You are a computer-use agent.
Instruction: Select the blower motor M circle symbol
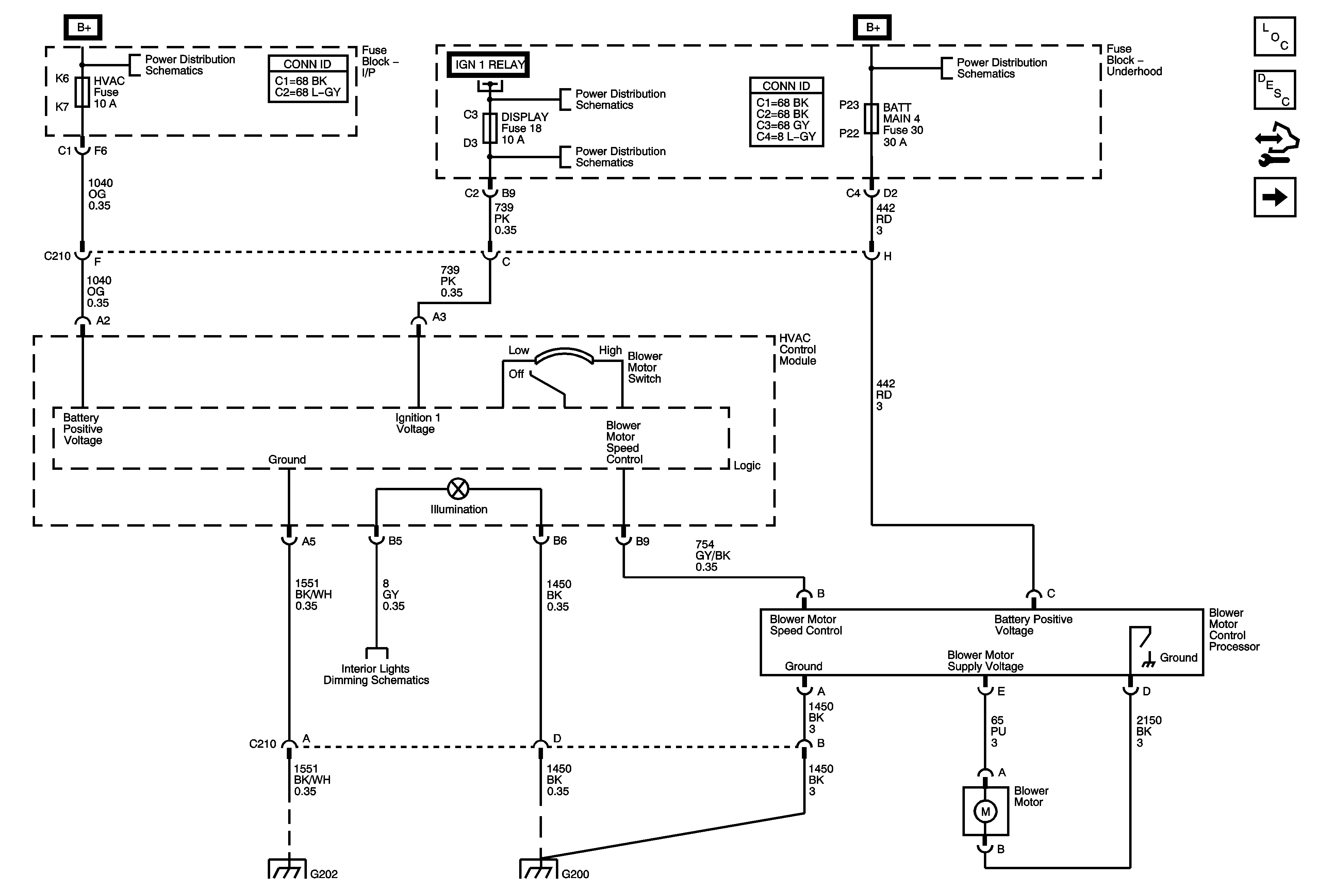985,811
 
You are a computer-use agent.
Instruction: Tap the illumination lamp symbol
458,489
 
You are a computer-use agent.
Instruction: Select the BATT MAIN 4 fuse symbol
871,118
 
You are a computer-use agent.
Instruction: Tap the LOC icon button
1274,37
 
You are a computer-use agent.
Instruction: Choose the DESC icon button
1274,89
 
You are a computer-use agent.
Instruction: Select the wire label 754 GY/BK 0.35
713,556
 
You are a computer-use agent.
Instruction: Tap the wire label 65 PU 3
998,731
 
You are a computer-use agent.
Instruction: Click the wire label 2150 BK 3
1149,731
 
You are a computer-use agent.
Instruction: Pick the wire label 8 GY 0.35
393,595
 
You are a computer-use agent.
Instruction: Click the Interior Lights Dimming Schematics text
376,674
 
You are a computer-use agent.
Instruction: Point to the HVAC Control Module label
797,349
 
